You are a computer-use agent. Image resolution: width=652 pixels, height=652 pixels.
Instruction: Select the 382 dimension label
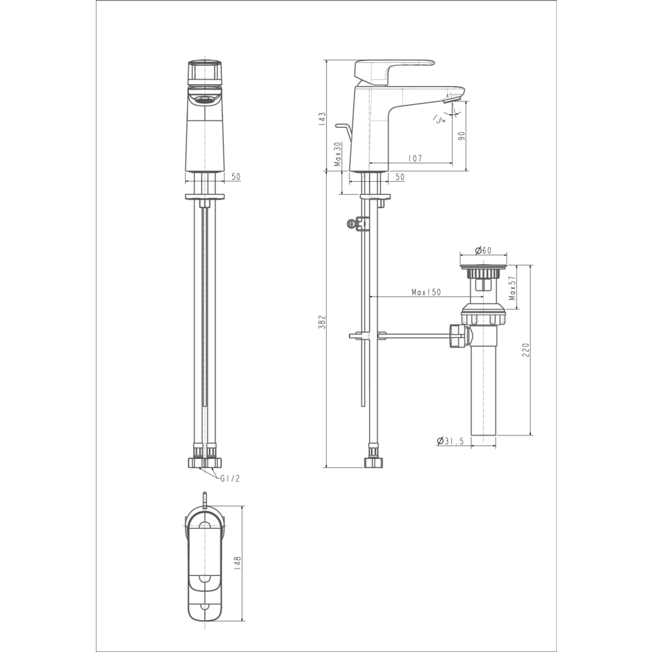coord(322,322)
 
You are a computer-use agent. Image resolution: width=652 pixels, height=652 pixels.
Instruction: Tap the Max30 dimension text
coord(337,154)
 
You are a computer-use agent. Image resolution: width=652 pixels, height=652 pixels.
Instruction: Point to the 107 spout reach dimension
coord(415,158)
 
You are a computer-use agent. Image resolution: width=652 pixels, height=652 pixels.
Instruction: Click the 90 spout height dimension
coord(461,136)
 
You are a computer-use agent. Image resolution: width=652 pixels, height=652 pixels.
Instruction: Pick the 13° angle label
coord(439,119)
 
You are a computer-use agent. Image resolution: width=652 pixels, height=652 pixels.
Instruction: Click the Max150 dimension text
coord(426,292)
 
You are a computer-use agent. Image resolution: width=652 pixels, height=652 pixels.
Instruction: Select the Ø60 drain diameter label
coord(483,250)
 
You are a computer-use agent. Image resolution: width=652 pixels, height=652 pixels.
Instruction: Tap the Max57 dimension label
coord(512,288)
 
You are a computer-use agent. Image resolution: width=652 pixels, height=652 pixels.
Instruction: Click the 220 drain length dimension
coord(526,349)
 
